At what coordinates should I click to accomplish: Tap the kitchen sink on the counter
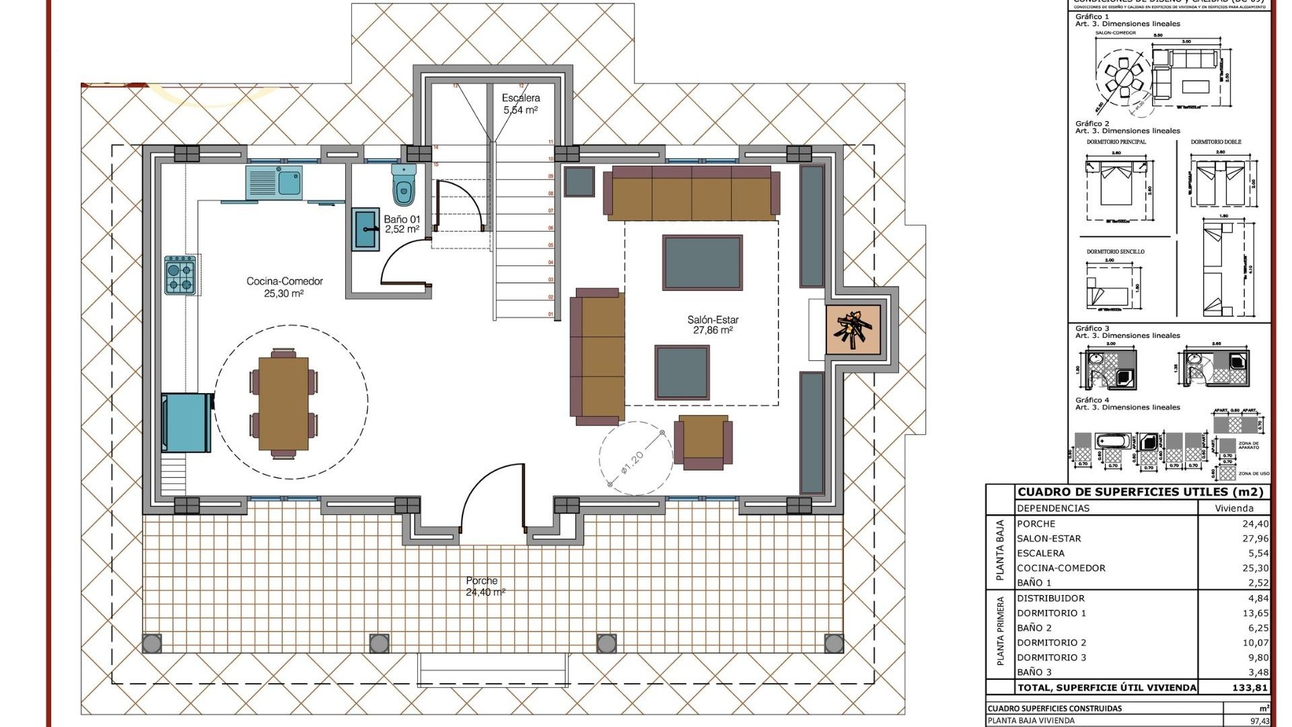tap(275, 182)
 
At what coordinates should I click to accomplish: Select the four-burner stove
tap(180, 276)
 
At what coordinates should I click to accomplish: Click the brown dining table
tap(283, 403)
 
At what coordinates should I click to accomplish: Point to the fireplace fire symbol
tap(853, 330)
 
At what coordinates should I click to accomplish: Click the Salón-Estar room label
tap(713, 325)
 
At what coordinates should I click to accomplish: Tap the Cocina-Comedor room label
tap(284, 287)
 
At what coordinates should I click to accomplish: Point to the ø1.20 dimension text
tap(633, 462)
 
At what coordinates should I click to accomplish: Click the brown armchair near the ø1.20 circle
tap(703, 441)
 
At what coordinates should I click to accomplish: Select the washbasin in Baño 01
tap(365, 229)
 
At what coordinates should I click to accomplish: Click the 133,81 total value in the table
tap(1250, 687)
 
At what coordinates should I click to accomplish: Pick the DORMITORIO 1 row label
tap(1051, 613)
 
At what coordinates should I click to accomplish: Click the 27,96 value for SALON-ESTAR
tap(1255, 539)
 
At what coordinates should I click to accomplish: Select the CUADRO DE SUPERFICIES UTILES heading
tap(1140, 492)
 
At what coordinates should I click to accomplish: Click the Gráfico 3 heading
tap(1092, 328)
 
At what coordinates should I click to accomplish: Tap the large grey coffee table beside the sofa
tap(702, 263)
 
